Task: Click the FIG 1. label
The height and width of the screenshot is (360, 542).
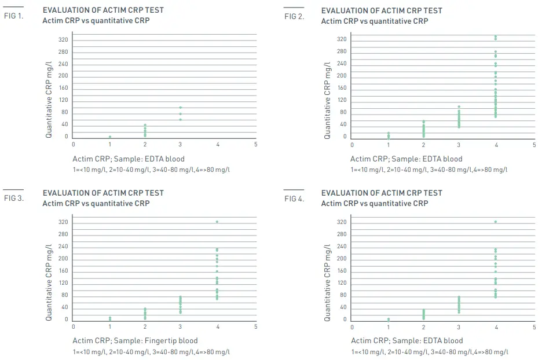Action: (x=13, y=16)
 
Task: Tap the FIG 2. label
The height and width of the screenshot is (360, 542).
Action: (x=294, y=16)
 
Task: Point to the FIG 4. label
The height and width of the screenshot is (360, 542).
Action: (x=294, y=199)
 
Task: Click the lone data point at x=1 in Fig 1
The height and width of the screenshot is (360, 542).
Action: (x=109, y=137)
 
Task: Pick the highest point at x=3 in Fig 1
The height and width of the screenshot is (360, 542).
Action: (x=180, y=108)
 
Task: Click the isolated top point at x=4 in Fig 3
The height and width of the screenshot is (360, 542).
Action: (x=217, y=222)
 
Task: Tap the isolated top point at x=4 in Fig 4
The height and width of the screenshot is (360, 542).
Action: (x=496, y=222)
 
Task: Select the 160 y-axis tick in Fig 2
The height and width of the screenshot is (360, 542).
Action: (x=342, y=88)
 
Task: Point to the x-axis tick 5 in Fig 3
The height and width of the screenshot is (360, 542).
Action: (x=255, y=326)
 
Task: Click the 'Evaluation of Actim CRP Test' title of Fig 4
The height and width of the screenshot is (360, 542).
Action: (x=381, y=193)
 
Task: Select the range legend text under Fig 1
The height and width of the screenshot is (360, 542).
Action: (x=152, y=169)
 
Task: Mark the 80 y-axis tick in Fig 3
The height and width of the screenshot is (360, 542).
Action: (x=65, y=295)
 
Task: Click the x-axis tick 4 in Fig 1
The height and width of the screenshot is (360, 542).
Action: (x=217, y=144)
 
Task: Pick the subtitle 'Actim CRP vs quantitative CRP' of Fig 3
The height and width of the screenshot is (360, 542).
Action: (x=96, y=203)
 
